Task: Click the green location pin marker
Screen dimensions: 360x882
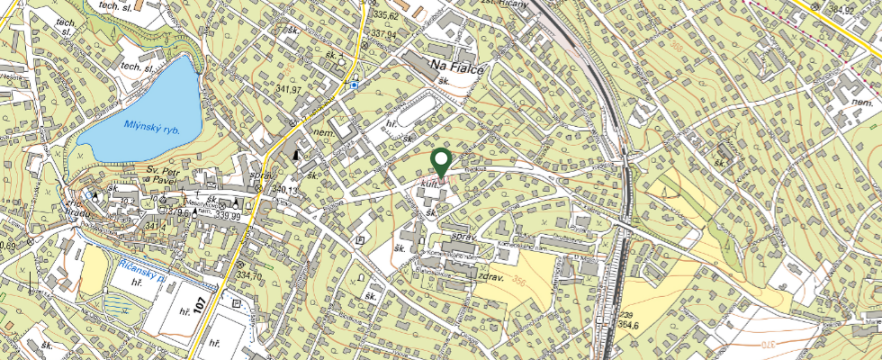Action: (441, 162)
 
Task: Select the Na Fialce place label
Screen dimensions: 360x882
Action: (457, 67)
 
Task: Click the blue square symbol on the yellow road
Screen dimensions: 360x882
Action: (355, 85)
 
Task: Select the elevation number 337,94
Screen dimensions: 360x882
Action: (383, 33)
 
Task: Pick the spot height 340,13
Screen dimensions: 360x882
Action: (284, 190)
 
